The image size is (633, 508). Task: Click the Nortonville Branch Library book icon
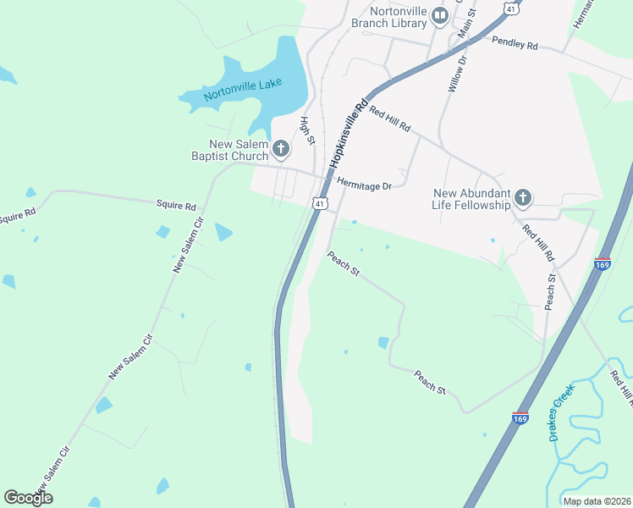point(439,15)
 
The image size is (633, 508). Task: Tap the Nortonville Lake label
point(243,89)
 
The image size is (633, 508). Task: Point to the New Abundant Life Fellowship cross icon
point(523,199)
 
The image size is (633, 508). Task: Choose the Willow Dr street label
point(457,74)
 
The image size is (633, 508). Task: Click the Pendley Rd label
point(515,42)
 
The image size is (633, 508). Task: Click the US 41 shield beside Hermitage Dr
point(318,203)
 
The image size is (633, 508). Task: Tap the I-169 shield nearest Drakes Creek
point(521,418)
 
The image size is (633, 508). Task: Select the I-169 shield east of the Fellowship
point(603,263)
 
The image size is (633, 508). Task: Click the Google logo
point(28,498)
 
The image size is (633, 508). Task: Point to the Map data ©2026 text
point(597,501)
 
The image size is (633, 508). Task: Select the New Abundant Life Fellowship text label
point(472,199)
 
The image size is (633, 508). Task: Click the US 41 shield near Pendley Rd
point(509,7)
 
